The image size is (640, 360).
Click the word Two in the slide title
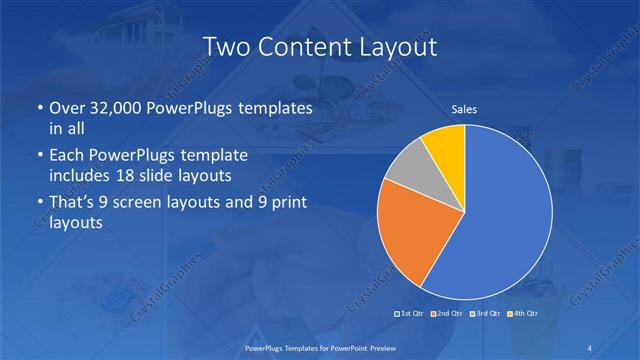[226, 46]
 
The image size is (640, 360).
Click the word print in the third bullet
[285, 203]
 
